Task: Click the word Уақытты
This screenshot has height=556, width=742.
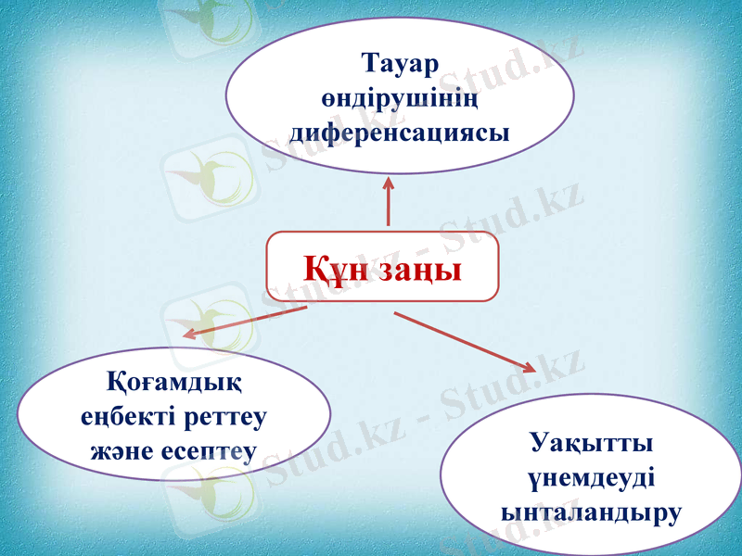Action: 590,441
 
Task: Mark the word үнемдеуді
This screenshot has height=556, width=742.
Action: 590,475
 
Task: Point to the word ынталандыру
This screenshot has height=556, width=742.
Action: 590,510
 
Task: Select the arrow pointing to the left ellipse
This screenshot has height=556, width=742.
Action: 246,321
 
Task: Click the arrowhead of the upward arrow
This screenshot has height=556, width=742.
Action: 388,186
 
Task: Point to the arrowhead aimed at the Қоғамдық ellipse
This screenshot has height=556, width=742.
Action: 189,333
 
